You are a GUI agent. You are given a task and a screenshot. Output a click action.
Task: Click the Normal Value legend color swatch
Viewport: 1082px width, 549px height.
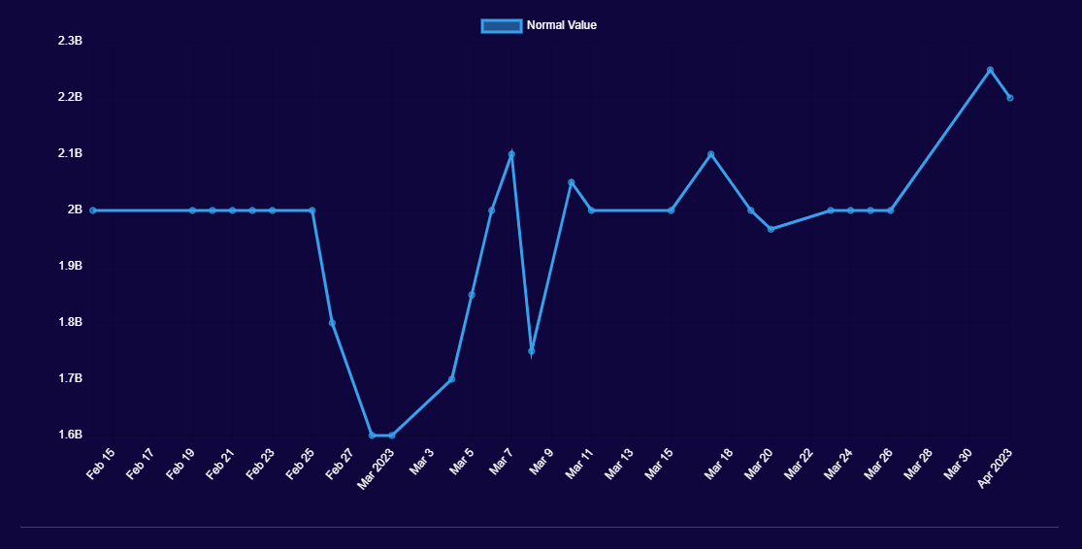click(501, 26)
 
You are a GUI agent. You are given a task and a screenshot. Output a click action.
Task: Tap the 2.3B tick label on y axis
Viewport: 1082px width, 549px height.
click(70, 41)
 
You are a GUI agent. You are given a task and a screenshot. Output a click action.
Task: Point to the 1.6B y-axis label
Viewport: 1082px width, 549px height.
click(70, 435)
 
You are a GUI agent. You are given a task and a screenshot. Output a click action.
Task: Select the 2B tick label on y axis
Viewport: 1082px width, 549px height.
click(75, 210)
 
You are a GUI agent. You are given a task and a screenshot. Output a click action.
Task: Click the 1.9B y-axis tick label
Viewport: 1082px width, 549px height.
click(70, 266)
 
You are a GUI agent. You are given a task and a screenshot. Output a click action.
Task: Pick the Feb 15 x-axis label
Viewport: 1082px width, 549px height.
click(101, 464)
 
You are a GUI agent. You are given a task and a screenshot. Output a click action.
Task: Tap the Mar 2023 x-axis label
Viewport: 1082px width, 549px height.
click(376, 468)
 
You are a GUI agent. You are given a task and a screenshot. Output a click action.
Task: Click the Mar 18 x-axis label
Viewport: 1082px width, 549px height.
click(719, 464)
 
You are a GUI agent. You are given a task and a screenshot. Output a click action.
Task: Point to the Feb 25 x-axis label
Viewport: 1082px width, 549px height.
click(300, 464)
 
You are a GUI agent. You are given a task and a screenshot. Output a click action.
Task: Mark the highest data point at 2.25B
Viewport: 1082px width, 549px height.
click(990, 70)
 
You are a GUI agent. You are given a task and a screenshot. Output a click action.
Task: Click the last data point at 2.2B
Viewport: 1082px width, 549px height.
click(1010, 98)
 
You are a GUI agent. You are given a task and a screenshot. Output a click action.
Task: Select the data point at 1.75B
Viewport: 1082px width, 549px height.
click(532, 350)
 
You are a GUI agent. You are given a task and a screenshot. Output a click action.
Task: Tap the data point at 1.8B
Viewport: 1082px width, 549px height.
click(332, 323)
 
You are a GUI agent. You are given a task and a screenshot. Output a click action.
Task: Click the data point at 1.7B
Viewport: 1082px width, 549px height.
click(451, 379)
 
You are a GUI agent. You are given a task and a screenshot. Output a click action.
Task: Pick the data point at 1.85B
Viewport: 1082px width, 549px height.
click(472, 295)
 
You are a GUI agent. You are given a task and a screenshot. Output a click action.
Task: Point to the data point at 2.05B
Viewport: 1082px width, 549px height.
click(572, 182)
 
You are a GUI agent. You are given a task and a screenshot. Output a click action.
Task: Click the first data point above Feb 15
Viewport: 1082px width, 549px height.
click(93, 210)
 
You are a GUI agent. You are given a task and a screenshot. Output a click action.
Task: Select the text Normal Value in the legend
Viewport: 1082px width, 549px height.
click(562, 25)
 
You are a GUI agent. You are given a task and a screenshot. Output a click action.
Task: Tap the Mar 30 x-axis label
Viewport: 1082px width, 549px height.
click(958, 464)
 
